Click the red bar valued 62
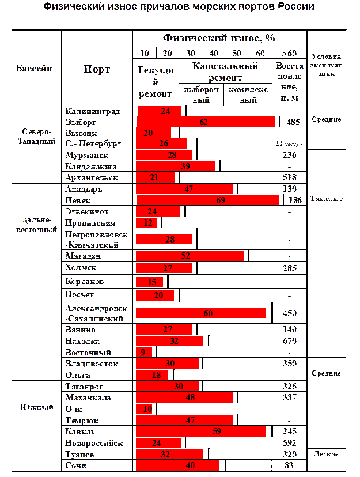tap(205, 122)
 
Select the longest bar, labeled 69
tap(207, 200)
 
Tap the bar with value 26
tap(162, 143)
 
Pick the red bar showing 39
tap(176, 166)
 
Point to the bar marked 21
tap(155, 177)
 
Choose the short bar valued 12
tap(146, 222)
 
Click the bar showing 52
tap(190, 256)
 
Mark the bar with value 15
tap(150, 282)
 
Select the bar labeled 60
tap(201, 313)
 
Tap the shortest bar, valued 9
tap(144, 352)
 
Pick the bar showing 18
tap(152, 375)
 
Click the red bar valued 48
tap(184, 397)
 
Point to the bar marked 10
tap(144, 409)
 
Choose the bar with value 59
tap(201, 431)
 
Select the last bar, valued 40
tap(177, 465)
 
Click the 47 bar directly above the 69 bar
tap(184, 188)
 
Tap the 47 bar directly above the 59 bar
tap(184, 420)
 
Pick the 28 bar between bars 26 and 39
tap(164, 155)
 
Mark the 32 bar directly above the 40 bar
tap(169, 454)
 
